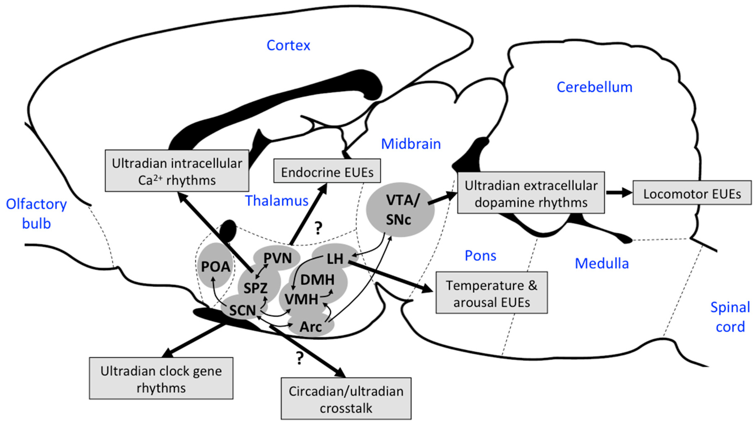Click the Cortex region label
pyautogui.click(x=288, y=45)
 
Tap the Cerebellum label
pyautogui.click(x=594, y=87)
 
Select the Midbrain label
pyautogui.click(x=411, y=144)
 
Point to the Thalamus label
pyautogui.click(x=277, y=201)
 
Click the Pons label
pyautogui.click(x=480, y=256)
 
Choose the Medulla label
pyautogui.click(x=602, y=263)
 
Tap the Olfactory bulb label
pyautogui.click(x=36, y=214)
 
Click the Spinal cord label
pyautogui.click(x=730, y=317)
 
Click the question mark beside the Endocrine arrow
pyautogui.click(x=318, y=228)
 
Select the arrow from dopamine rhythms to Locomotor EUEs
pyautogui.click(x=618, y=193)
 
